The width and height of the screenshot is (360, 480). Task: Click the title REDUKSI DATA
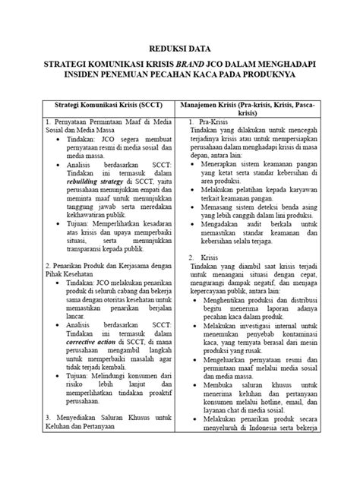click(x=180, y=44)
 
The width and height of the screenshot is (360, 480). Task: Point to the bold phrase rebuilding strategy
click(x=96, y=183)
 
